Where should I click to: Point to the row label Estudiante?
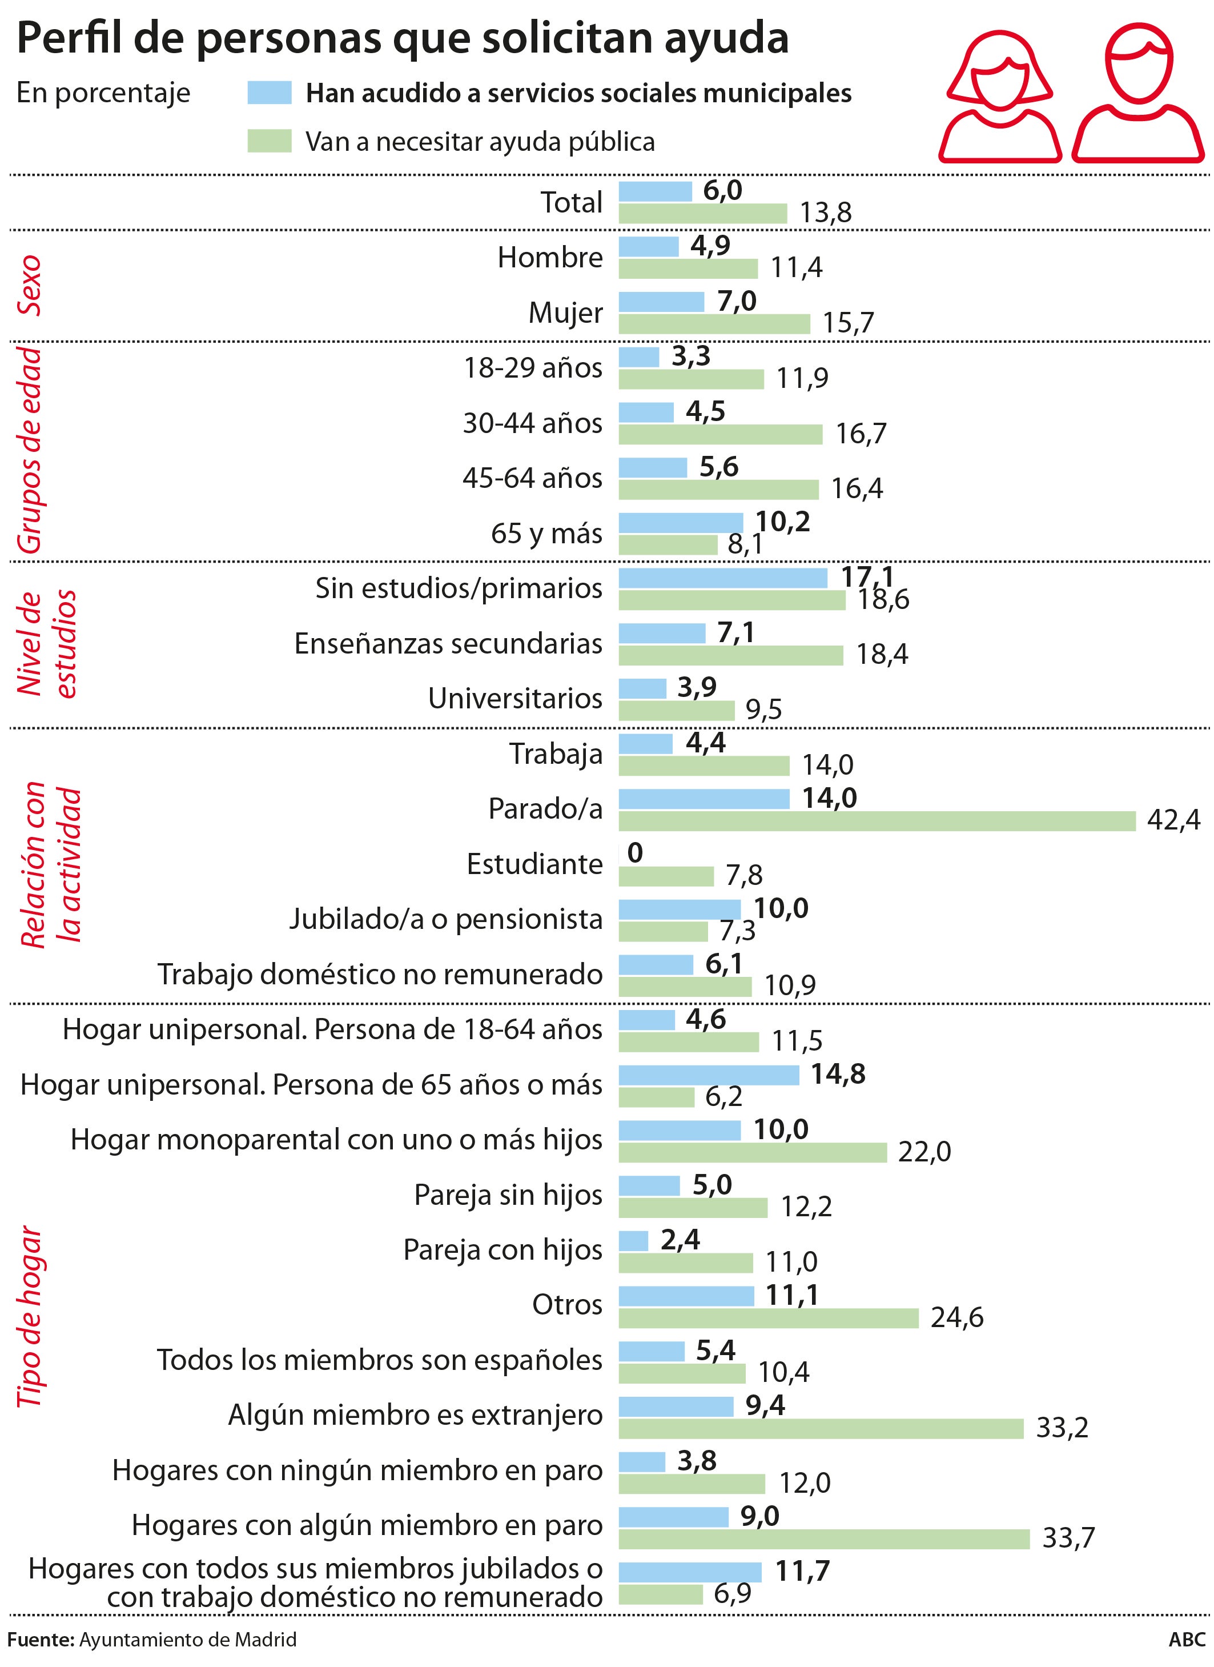click(534, 864)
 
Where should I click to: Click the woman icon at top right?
click(999, 92)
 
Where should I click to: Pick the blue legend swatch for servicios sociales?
click(270, 93)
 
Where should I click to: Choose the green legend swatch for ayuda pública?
click(270, 141)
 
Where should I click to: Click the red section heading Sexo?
click(30, 285)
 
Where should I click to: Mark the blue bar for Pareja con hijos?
click(633, 1241)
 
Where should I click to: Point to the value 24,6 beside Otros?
click(957, 1318)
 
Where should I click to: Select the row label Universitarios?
click(515, 698)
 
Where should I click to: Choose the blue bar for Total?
click(655, 192)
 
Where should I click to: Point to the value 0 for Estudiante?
click(635, 852)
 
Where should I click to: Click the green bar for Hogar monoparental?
click(753, 1152)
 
